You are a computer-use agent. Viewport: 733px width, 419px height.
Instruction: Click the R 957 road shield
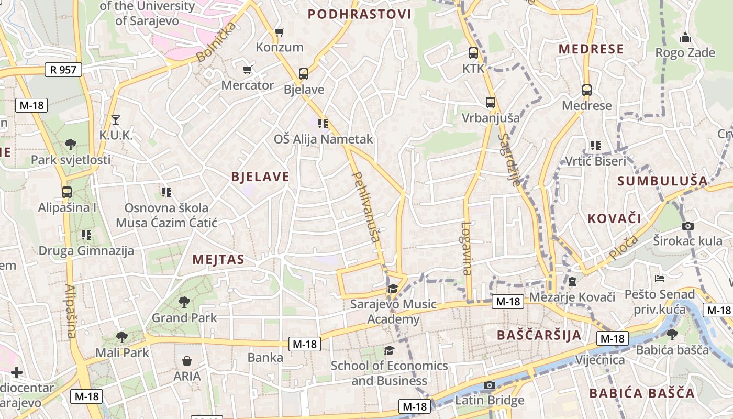pos(64,69)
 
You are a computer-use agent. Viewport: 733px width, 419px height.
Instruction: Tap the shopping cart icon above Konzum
pos(280,32)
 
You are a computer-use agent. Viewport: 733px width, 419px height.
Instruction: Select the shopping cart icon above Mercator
pos(248,70)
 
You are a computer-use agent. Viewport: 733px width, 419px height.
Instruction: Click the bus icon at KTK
pos(473,53)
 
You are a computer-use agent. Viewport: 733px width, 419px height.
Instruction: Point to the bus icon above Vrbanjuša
pos(491,103)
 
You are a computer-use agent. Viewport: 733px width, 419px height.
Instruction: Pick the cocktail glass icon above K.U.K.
pos(116,120)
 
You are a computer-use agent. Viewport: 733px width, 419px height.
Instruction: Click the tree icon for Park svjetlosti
pos(71,145)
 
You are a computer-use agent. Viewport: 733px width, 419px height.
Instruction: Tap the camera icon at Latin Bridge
pos(490,385)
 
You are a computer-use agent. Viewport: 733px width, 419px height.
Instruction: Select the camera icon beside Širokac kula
pos(688,226)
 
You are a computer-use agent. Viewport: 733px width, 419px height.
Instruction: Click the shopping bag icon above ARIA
pos(187,361)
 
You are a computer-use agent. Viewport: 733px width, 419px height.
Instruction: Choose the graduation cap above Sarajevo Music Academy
pos(393,289)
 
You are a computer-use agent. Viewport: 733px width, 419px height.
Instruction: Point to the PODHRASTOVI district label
pos(359,14)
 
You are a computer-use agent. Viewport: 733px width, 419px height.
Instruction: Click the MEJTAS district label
pos(218,259)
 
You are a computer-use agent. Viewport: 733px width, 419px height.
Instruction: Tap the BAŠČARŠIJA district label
pos(539,335)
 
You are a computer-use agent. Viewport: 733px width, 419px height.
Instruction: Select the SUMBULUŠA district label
pos(662,181)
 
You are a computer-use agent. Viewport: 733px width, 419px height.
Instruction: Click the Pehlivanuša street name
pos(366,207)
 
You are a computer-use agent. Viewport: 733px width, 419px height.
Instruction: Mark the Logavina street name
pos(467,249)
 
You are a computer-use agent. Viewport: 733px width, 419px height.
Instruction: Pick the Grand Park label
pos(184,317)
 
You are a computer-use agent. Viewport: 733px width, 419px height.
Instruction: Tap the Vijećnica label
pos(600,360)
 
